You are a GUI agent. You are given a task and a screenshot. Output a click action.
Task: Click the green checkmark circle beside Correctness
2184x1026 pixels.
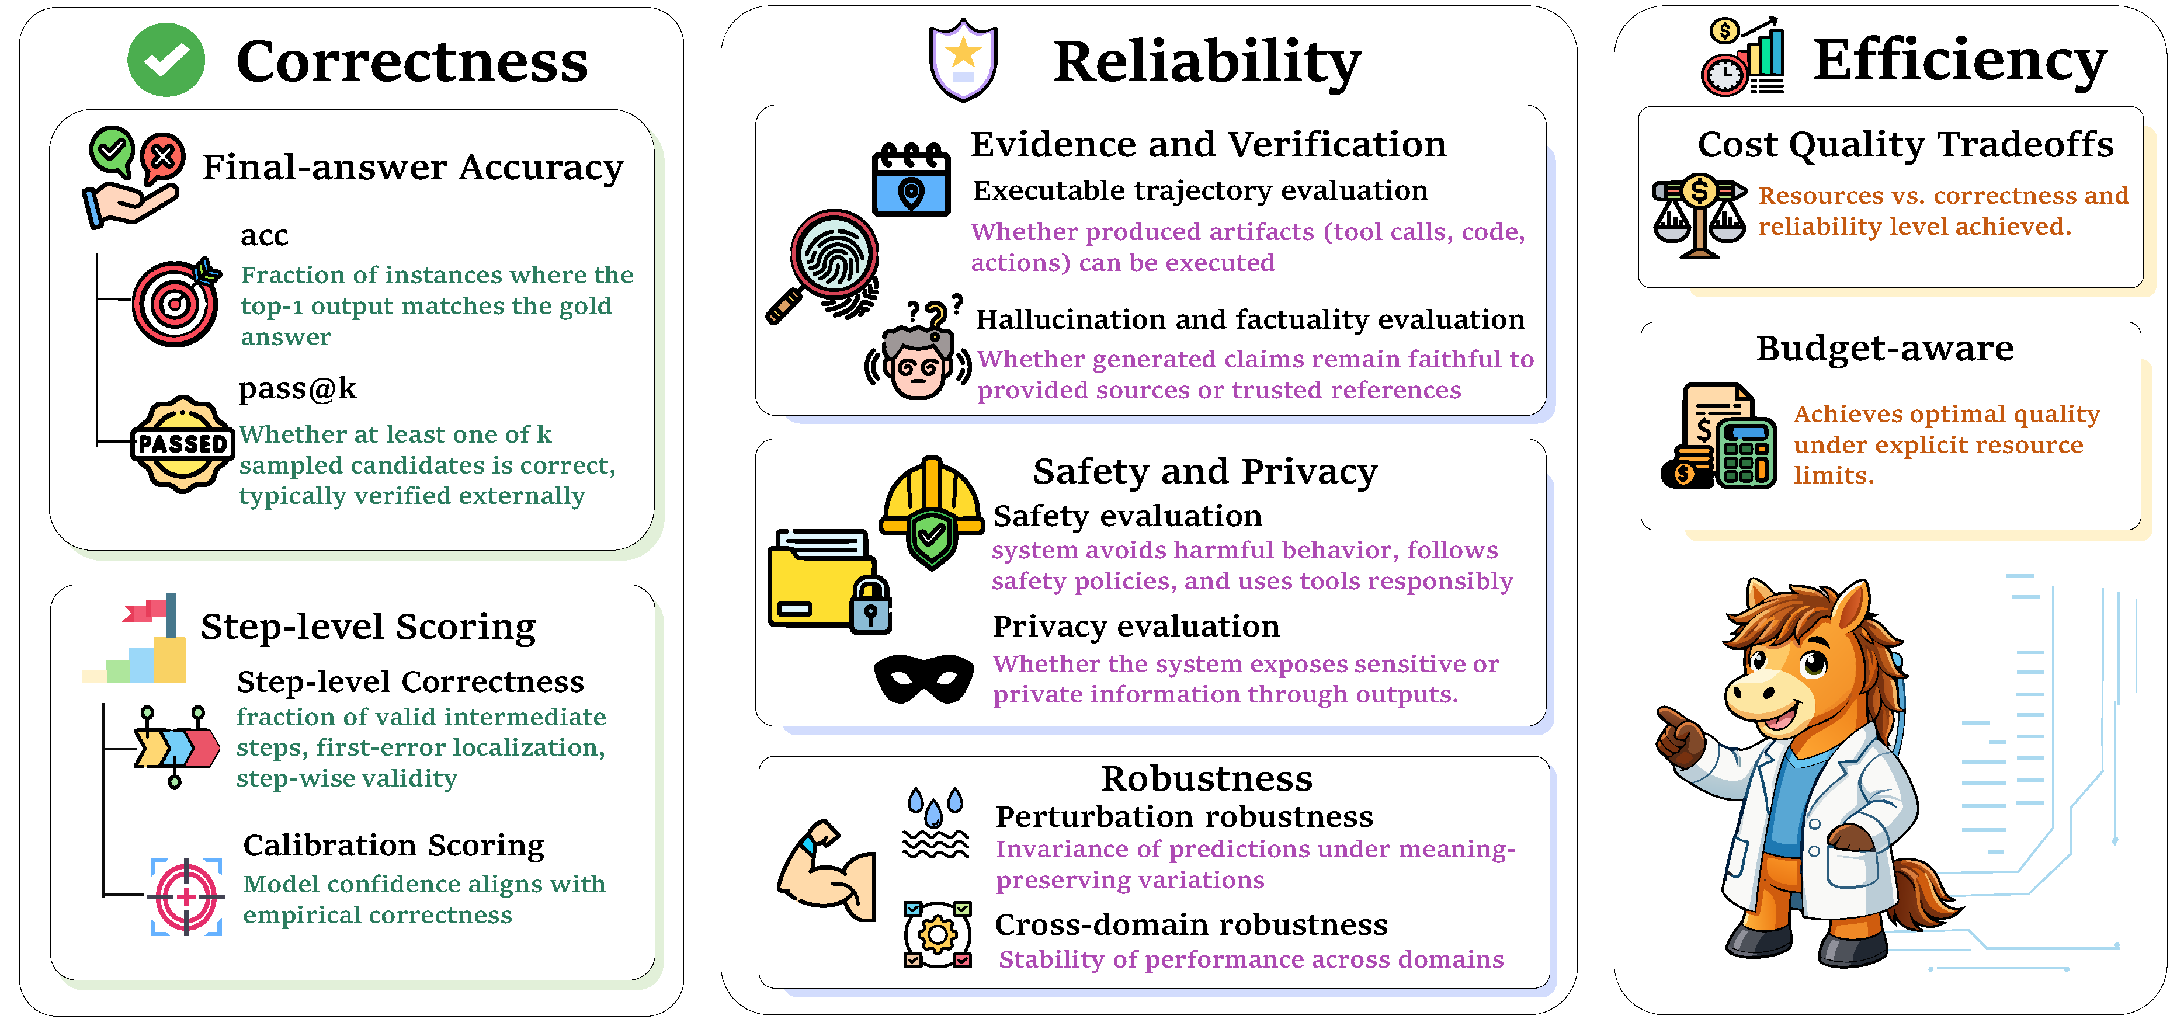coord(166,60)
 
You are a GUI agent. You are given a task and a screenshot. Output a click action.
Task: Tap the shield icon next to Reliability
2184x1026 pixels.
coord(963,60)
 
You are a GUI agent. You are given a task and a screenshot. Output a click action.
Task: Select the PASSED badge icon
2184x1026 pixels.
coord(182,443)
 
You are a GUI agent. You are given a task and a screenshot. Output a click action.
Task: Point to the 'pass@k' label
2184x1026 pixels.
coord(297,388)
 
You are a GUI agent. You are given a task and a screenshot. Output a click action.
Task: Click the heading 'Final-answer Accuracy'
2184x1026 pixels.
coord(413,167)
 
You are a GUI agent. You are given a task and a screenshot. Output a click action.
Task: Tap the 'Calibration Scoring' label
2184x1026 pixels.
coord(393,846)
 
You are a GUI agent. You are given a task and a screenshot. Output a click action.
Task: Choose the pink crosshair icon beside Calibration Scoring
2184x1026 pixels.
coord(186,896)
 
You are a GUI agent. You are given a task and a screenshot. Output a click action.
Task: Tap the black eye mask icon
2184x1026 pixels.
coord(924,679)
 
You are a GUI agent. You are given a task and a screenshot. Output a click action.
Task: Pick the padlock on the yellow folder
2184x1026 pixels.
coord(871,606)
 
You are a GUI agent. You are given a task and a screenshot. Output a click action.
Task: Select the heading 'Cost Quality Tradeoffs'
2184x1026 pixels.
coord(1905,144)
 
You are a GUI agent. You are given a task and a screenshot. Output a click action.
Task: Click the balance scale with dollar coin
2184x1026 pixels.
coord(1699,215)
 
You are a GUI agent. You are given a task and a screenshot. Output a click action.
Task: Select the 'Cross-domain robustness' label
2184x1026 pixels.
coord(1191,924)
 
